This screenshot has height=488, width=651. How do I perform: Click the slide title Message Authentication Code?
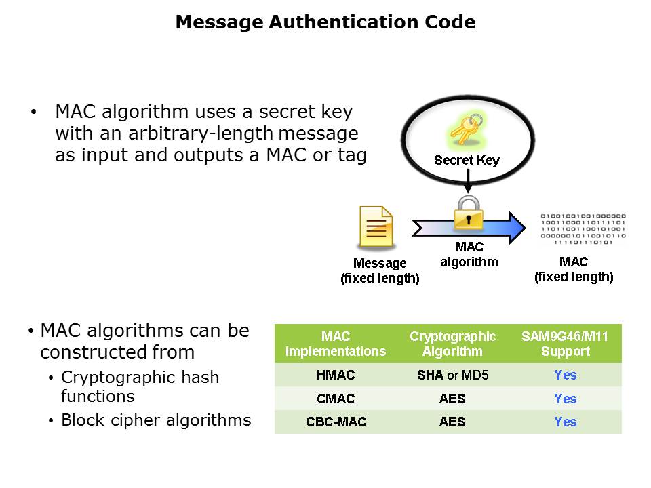[x=325, y=22]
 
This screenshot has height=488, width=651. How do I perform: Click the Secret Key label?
[x=467, y=161]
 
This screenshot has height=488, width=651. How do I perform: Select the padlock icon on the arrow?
[x=468, y=213]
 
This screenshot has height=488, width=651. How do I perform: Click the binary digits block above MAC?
[x=583, y=228]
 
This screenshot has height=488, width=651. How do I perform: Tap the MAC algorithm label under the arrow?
[x=469, y=255]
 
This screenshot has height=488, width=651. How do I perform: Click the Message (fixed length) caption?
[x=380, y=270]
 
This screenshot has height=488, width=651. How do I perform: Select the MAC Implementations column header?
[x=335, y=344]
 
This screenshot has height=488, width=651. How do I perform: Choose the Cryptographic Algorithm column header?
[x=452, y=344]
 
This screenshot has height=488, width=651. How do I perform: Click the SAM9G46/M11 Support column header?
[x=565, y=344]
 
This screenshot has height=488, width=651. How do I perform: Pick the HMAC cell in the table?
[x=335, y=375]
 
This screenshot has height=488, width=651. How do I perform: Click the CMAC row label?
[x=335, y=399]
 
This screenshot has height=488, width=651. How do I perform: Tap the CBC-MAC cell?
[x=336, y=422]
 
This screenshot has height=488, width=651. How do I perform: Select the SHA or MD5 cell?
[x=452, y=375]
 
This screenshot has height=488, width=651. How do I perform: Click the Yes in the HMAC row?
[x=565, y=375]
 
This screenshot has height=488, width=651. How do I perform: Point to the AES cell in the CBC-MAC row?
[x=452, y=422]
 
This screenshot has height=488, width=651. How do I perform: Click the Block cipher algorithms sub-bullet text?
[x=156, y=420]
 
